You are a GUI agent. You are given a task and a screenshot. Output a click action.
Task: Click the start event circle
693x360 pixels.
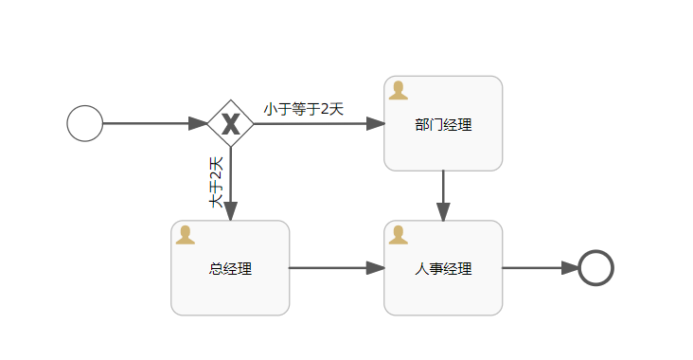click(84, 123)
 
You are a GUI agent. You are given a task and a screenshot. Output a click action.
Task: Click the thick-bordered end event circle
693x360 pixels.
click(595, 268)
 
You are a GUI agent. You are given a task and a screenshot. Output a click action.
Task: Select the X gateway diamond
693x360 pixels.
click(230, 123)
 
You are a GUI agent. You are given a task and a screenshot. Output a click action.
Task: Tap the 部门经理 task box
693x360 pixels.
click(443, 142)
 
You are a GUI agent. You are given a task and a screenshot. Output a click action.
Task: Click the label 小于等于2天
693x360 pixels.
click(303, 109)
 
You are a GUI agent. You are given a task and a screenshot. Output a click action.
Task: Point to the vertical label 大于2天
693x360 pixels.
click(217, 181)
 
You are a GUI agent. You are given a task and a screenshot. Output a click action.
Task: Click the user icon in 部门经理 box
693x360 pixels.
click(399, 90)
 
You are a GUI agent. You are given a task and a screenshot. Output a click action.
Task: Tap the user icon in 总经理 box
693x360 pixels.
click(186, 235)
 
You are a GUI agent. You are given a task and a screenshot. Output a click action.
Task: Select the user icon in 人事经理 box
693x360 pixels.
click(399, 235)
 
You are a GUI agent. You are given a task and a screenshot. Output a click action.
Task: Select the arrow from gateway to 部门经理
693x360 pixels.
click(318, 123)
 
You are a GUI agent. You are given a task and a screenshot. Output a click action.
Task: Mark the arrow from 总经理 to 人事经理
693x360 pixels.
click(336, 268)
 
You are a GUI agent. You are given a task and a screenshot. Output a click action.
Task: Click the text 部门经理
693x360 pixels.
click(443, 125)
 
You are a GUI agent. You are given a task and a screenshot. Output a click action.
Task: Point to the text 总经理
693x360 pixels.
click(230, 268)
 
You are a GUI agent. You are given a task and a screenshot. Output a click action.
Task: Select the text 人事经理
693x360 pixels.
click(443, 268)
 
